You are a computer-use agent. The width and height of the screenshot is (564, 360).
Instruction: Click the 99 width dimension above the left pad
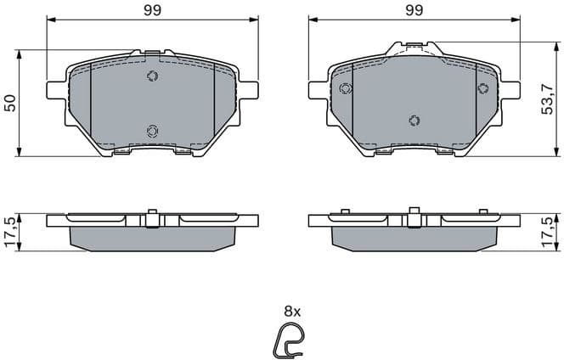pyautogui.click(x=152, y=11)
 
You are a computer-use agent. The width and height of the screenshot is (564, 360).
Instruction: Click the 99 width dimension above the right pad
pyautogui.click(x=414, y=11)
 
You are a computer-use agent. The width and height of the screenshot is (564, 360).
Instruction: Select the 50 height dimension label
pyautogui.click(x=10, y=103)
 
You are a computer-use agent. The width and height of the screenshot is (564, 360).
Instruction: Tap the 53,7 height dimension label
pyautogui.click(x=553, y=100)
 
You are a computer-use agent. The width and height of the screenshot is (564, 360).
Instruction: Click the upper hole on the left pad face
pyautogui.click(x=152, y=77)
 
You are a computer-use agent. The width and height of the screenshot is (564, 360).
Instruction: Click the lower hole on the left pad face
pyautogui.click(x=152, y=130)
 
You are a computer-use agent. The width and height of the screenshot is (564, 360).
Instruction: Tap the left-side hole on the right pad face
pyautogui.click(x=345, y=89)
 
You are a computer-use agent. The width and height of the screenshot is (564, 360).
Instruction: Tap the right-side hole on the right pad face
pyautogui.click(x=482, y=89)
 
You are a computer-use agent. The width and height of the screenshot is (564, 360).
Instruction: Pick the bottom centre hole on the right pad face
pyautogui.click(x=414, y=120)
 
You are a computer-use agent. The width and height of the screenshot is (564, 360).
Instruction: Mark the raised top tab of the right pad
pyautogui.click(x=414, y=48)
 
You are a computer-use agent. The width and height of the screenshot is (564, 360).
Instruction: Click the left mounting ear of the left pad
pyautogui.click(x=53, y=87)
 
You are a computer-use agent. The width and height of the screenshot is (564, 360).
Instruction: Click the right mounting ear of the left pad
pyautogui.click(x=251, y=87)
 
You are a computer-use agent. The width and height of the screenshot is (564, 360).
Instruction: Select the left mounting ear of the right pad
pyautogui.click(x=315, y=87)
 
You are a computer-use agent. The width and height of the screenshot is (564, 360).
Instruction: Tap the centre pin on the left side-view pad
pyautogui.click(x=152, y=217)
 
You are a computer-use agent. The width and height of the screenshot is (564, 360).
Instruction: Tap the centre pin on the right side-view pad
pyautogui.click(x=414, y=217)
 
